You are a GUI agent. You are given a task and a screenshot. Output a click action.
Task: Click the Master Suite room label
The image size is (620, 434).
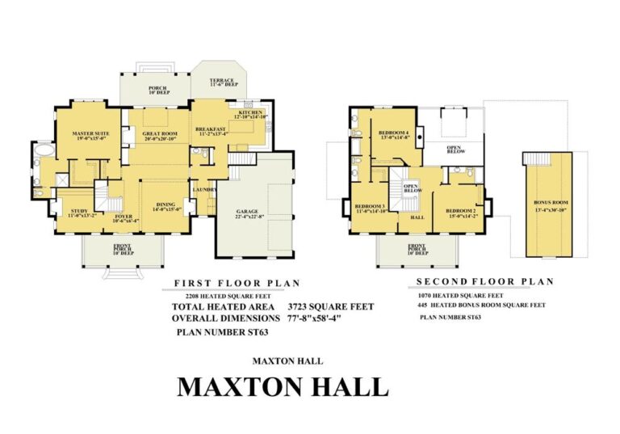click(90, 133)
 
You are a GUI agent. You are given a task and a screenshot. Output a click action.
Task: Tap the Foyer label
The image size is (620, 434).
click(124, 217)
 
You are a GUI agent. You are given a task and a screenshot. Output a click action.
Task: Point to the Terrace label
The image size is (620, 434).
click(221, 81)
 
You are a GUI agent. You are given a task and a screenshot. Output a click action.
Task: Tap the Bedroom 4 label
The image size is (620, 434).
click(395, 133)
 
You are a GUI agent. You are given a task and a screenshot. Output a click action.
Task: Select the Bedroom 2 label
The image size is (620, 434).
click(462, 210)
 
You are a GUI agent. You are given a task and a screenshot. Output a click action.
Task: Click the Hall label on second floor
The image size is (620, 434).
click(417, 217)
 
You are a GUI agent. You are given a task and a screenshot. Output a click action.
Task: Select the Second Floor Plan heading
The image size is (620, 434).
click(484, 282)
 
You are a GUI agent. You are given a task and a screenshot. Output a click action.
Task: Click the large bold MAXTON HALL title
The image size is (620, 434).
click(283, 386)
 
